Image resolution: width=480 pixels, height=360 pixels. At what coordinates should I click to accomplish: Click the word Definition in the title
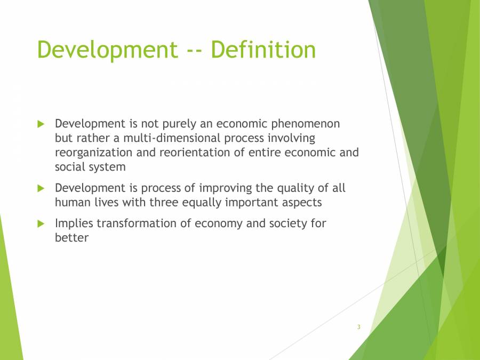tap(263, 50)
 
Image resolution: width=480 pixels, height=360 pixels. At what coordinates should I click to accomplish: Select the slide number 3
tap(359, 327)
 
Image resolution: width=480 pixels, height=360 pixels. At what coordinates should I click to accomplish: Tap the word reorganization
tap(93, 153)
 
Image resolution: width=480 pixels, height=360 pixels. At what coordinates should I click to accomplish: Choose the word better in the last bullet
tap(71, 238)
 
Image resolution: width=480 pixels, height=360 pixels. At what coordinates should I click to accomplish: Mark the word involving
tap(291, 139)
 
